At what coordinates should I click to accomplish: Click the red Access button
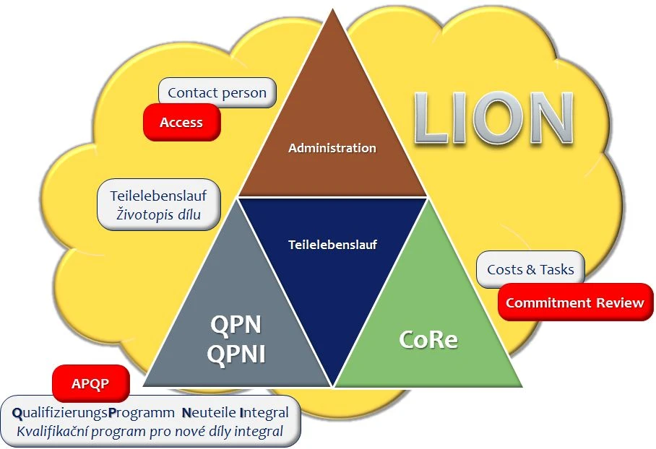[181, 122]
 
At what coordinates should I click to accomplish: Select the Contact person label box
[217, 92]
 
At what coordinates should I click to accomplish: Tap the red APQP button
[90, 383]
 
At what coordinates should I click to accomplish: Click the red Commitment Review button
[574, 302]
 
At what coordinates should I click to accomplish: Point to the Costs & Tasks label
[530, 269]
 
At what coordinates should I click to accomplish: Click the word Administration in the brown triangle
[332, 148]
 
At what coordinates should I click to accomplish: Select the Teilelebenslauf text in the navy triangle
[332, 244]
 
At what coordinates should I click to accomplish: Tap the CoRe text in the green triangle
[428, 339]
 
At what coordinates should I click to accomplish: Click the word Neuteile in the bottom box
[210, 413]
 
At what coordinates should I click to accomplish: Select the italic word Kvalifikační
[50, 432]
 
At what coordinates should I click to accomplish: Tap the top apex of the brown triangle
[332, 13]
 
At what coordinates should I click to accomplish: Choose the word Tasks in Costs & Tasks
[557, 269]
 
